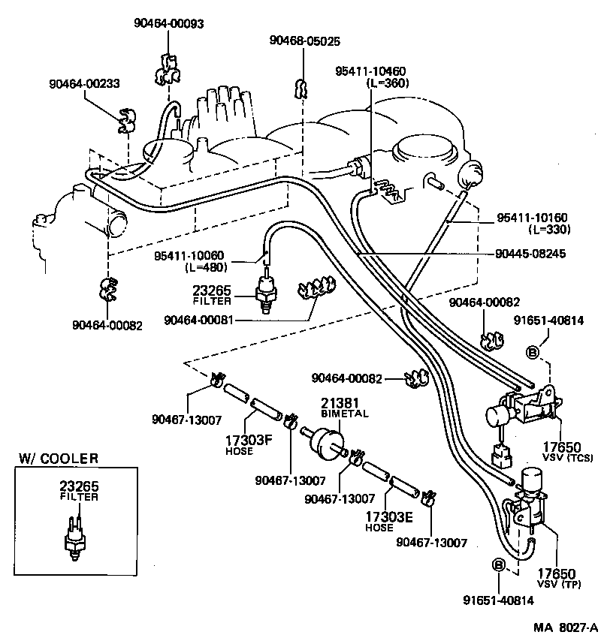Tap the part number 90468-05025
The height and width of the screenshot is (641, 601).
pyautogui.click(x=305, y=41)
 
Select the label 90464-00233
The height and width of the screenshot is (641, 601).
pyautogui.click(x=85, y=83)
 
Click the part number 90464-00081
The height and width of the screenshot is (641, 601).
pyautogui.click(x=198, y=320)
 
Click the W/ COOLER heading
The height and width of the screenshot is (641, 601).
pyautogui.click(x=59, y=459)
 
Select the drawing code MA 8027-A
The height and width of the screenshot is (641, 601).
pyautogui.click(x=565, y=627)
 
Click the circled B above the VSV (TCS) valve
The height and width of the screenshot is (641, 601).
pyautogui.click(x=533, y=351)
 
